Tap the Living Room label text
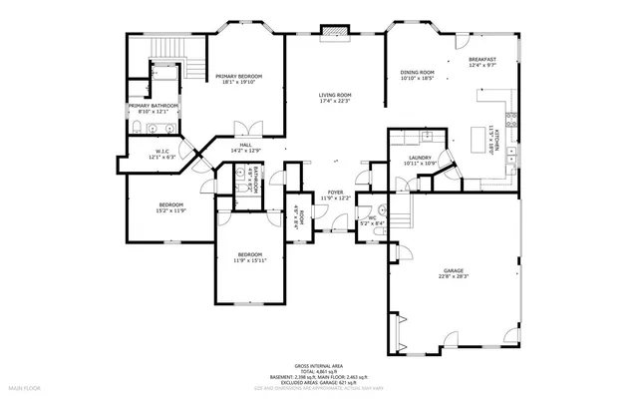tap(335, 95)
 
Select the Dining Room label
tap(417, 72)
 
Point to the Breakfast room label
tap(482, 60)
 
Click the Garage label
tap(454, 270)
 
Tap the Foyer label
tap(335, 193)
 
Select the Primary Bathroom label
tap(152, 106)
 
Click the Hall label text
tap(244, 146)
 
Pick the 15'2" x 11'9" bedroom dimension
tap(170, 210)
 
